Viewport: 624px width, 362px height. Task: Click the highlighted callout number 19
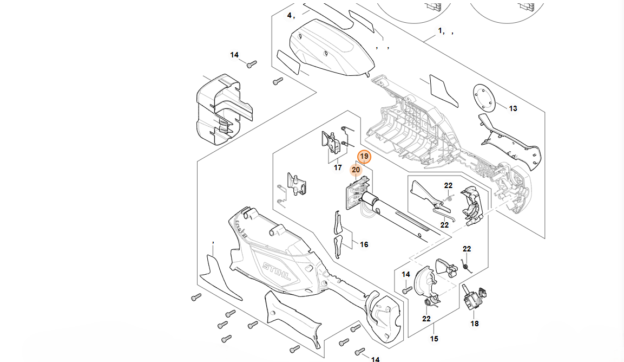(364, 157)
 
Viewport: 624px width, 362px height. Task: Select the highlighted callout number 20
(356, 170)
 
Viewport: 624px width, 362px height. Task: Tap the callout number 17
(338, 168)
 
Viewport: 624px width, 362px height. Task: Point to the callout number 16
(364, 245)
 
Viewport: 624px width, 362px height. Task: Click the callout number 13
(513, 108)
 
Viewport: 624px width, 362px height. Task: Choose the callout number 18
(475, 324)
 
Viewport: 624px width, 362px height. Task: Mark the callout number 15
(434, 339)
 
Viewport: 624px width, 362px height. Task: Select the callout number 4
(290, 15)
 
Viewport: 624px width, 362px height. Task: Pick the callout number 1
(441, 31)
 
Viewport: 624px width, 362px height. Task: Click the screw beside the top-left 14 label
(251, 64)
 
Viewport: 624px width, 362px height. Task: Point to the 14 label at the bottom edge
(375, 359)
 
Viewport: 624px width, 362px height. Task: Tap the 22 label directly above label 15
(426, 319)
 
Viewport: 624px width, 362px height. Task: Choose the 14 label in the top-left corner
(234, 55)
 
